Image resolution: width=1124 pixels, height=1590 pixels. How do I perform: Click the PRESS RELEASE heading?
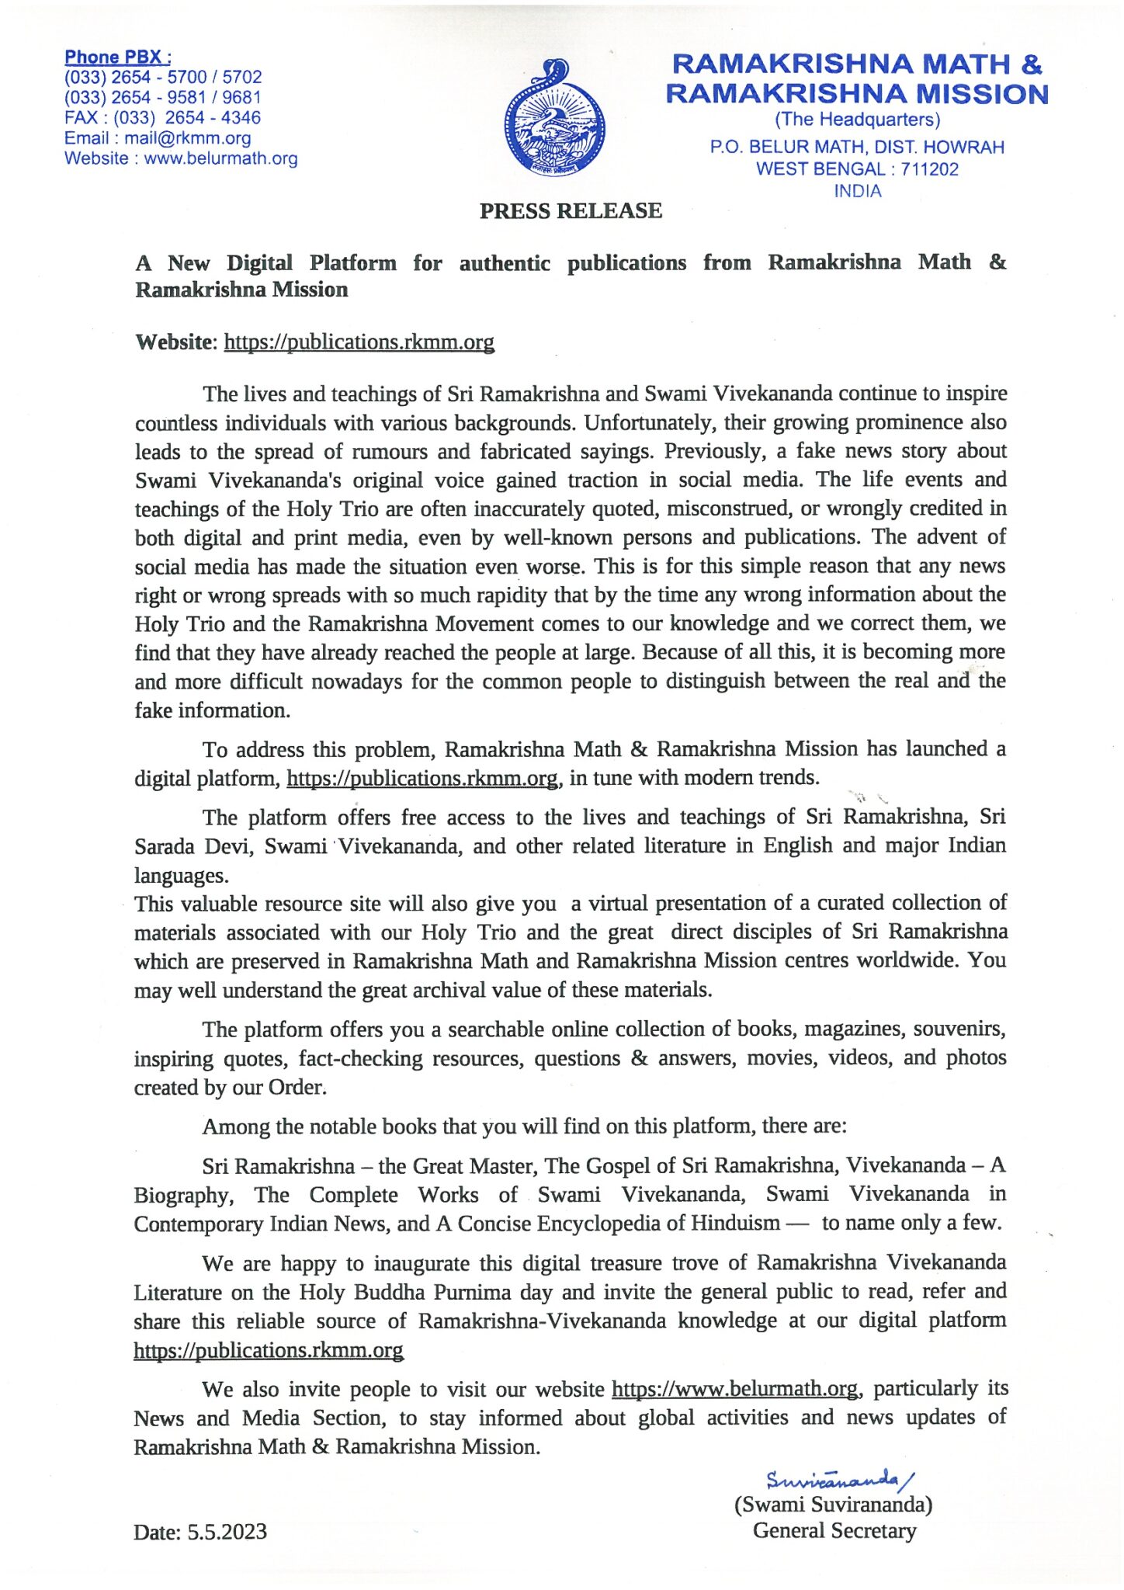[x=571, y=211]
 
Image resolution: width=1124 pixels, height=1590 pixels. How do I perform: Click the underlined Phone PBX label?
[x=118, y=57]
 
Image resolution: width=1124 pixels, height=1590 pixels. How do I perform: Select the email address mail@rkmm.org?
[x=187, y=138]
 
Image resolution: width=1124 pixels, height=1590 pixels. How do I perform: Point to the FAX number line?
[x=162, y=118]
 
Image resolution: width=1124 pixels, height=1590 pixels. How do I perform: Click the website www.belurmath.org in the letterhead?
[x=220, y=158]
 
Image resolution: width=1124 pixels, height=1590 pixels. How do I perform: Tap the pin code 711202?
[x=929, y=169]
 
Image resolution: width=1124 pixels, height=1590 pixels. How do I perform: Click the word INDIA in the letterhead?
[x=857, y=191]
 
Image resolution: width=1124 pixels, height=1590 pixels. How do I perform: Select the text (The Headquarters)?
[x=857, y=120]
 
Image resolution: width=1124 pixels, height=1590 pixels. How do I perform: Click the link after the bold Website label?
[x=359, y=342]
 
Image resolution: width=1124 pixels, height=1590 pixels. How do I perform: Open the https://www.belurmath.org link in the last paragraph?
[x=735, y=1389]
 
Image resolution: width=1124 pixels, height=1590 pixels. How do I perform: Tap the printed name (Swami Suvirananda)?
[x=833, y=1505]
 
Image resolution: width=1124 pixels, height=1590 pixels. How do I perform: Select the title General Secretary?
[x=834, y=1530]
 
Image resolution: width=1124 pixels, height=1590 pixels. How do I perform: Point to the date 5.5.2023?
[x=227, y=1532]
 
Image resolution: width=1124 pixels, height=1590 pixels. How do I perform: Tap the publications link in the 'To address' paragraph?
[x=422, y=778]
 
